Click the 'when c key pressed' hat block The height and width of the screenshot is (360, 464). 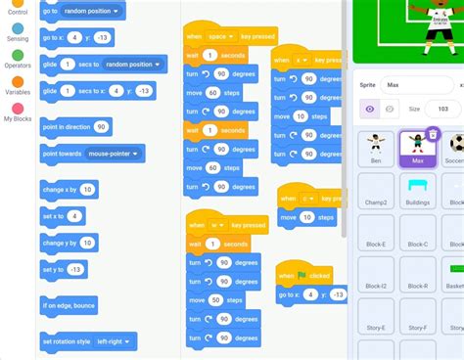pos(305,199)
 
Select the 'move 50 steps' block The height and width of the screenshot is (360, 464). pos(221,298)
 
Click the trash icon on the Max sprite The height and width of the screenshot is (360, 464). pos(433,134)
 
